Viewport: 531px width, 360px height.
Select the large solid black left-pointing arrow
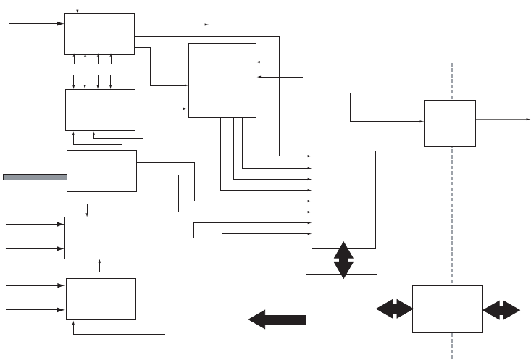point(277,319)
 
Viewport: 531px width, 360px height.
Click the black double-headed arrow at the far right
point(501,309)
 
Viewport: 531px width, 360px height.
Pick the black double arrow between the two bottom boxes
point(394,309)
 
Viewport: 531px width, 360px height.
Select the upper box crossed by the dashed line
point(449,123)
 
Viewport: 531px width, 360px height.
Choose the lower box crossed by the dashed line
point(447,309)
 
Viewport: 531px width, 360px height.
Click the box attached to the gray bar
point(101,171)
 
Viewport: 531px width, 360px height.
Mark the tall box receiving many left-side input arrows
point(343,199)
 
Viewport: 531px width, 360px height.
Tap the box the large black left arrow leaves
point(342,311)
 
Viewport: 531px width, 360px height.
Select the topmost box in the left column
point(100,33)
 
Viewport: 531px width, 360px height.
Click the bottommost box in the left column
point(101,298)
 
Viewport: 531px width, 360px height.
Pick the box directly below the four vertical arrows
point(100,109)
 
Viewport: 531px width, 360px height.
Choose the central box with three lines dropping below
point(222,80)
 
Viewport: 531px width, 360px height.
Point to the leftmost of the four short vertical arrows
point(74,71)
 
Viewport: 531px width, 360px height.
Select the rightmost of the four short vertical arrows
point(110,71)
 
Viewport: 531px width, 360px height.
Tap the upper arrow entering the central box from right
point(280,63)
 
